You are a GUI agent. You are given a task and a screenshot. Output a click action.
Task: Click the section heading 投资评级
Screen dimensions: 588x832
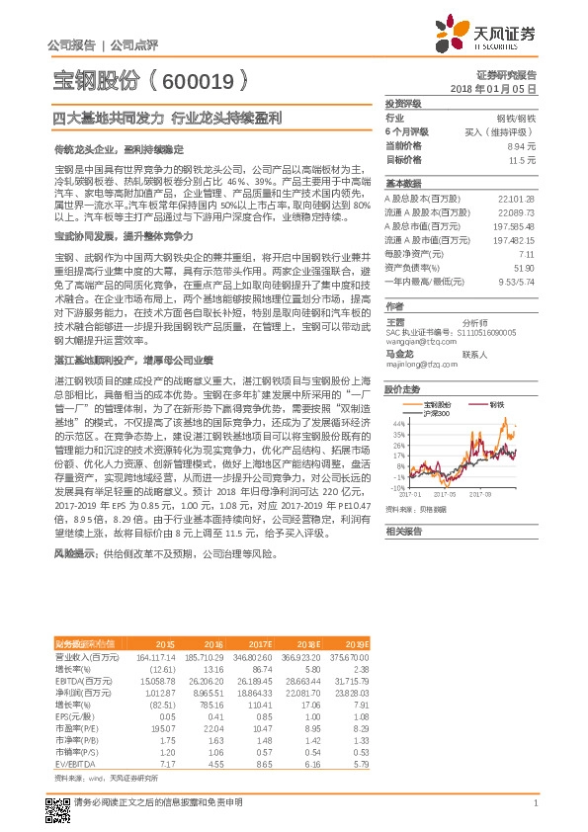click(403, 104)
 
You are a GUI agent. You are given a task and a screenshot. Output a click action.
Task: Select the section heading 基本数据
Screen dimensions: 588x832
click(403, 185)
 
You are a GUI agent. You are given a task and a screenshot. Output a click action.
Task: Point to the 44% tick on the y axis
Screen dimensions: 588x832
click(397, 422)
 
